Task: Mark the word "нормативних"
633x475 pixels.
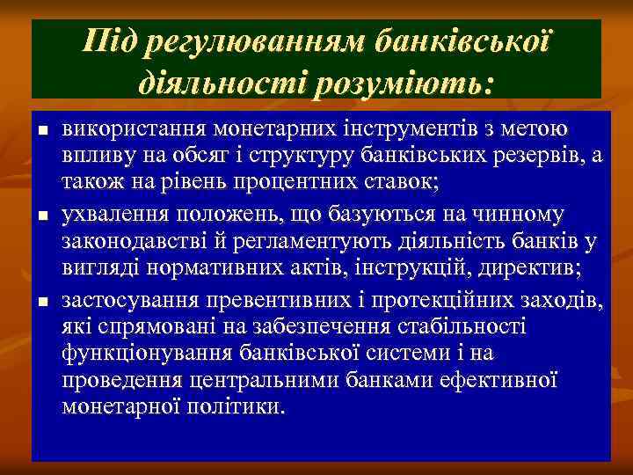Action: [x=199, y=271]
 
